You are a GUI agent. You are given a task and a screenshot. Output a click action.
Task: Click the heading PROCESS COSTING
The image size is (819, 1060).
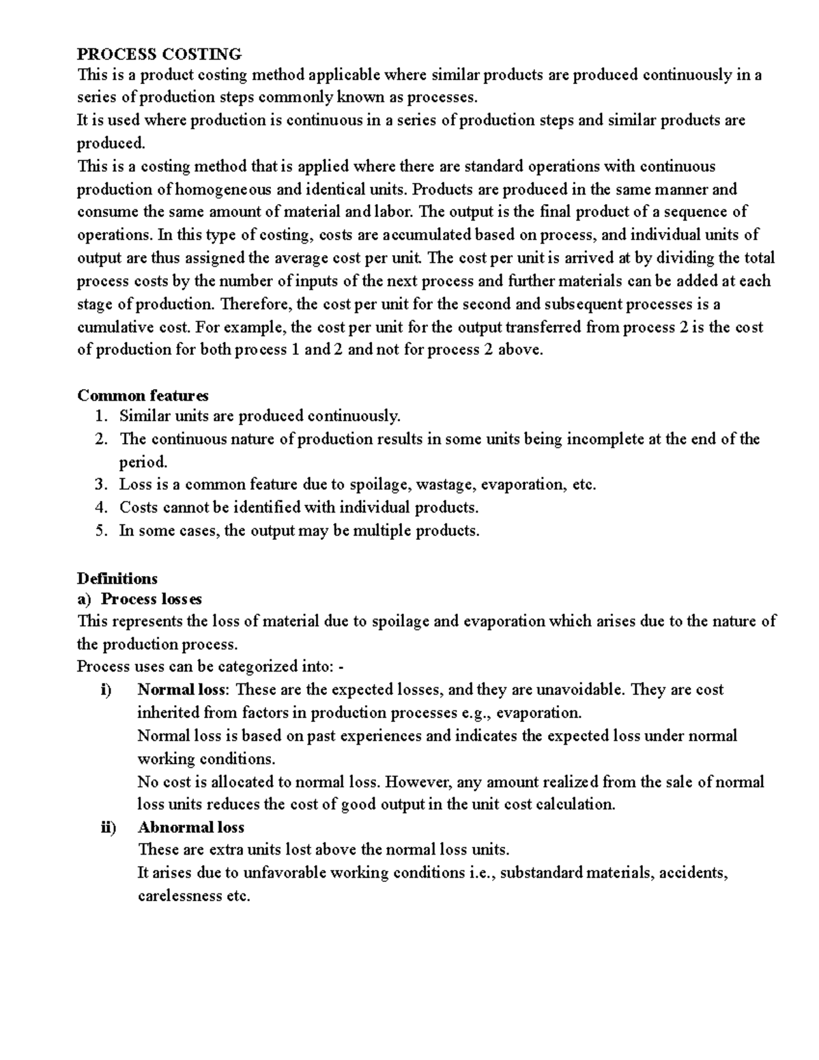click(159, 53)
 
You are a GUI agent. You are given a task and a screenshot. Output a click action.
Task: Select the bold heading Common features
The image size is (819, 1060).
click(143, 395)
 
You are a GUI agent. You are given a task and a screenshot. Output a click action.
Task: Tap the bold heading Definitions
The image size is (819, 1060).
click(117, 579)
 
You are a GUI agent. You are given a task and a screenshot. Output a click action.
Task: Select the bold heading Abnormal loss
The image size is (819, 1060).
click(190, 827)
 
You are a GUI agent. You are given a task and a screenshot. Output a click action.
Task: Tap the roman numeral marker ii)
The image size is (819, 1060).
click(106, 827)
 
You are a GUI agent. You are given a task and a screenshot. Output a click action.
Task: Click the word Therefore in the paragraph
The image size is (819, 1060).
click(254, 304)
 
